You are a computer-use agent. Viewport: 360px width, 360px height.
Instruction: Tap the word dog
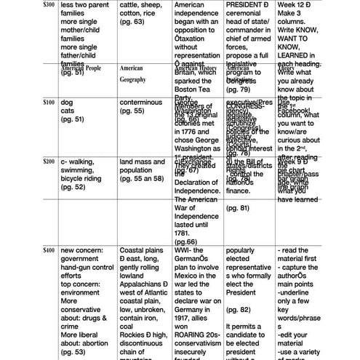[67, 103]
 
